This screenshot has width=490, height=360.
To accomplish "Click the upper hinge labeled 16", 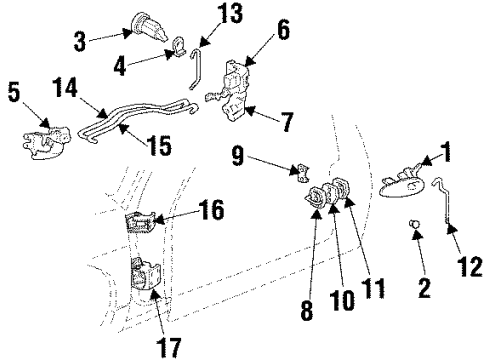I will click(x=141, y=224).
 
